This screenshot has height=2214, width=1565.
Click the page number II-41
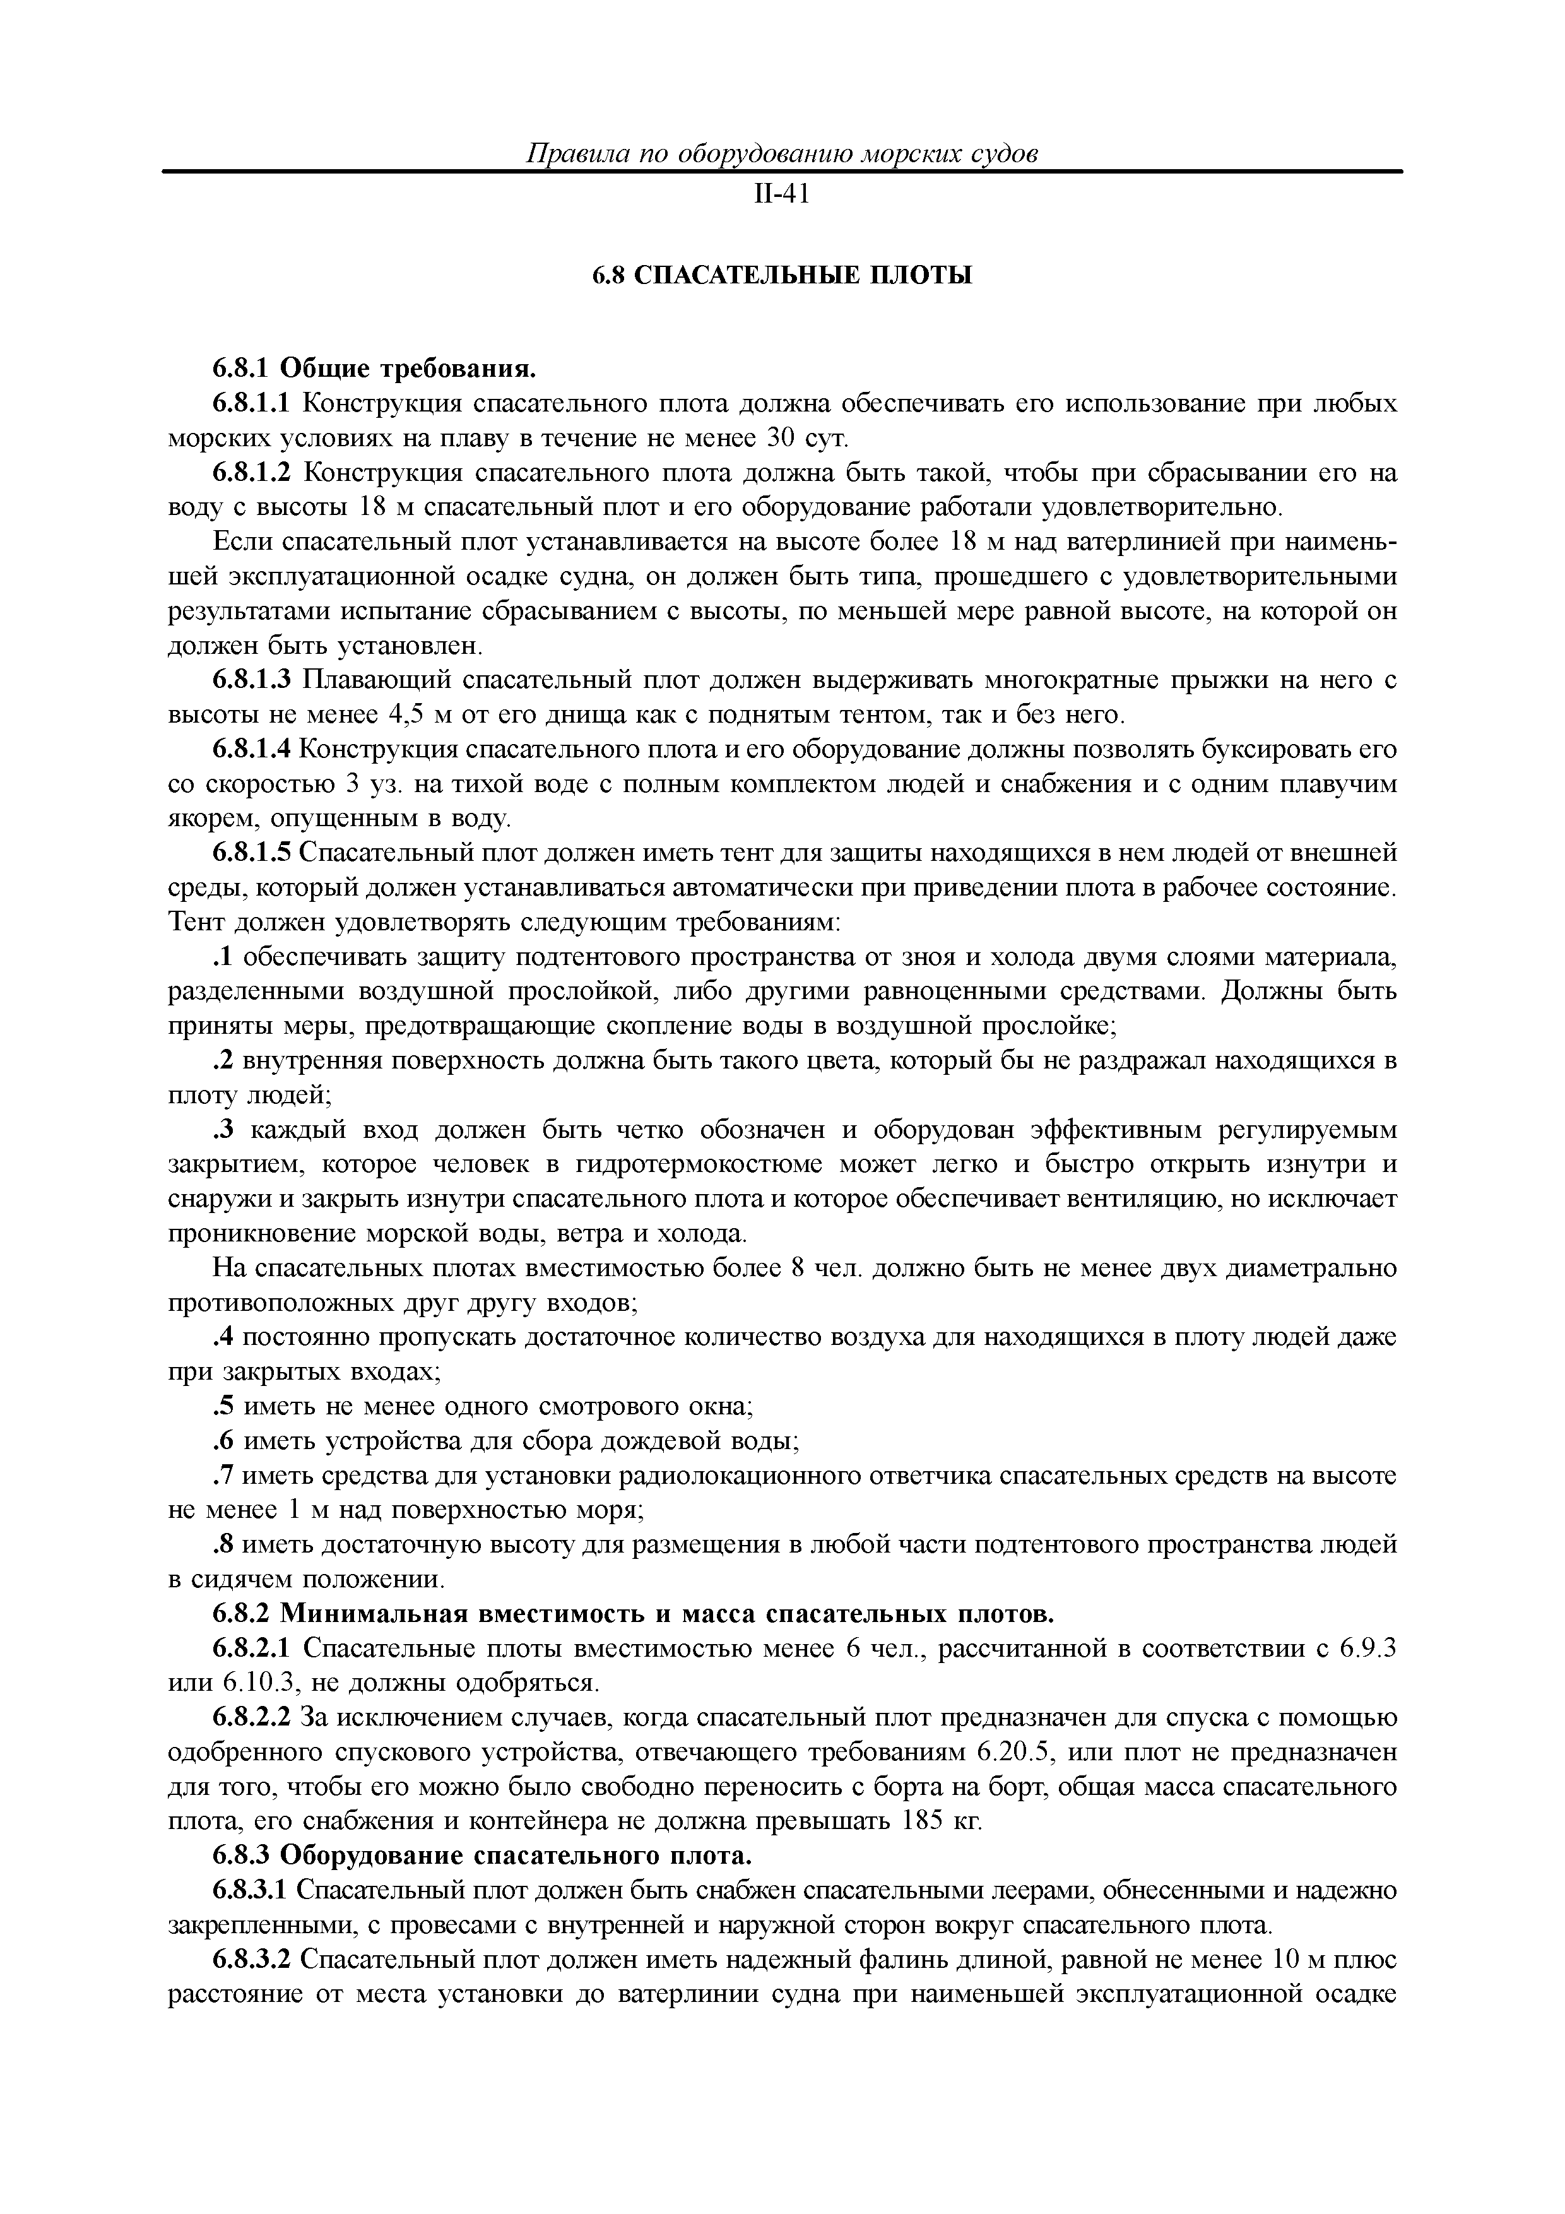coord(781,195)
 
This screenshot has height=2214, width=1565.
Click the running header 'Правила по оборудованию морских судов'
coord(782,154)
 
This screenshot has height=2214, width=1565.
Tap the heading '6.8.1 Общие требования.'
coord(373,369)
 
